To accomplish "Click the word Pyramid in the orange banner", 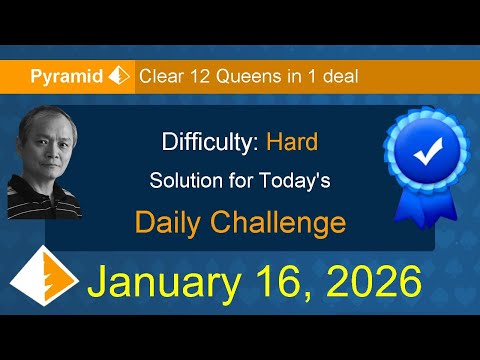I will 67,75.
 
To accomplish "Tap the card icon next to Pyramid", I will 120,75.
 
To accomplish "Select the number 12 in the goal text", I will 201,75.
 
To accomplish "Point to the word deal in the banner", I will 338,75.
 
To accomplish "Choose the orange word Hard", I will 292,142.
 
